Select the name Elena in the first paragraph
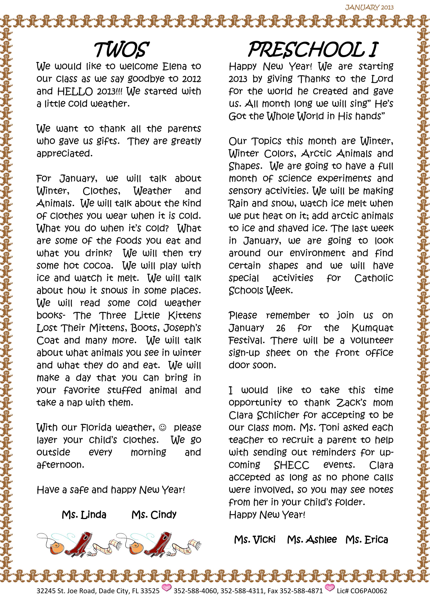(x=174, y=66)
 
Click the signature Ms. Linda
(x=84, y=514)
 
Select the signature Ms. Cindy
(x=154, y=514)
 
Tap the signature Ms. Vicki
(x=255, y=540)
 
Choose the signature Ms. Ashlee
(x=312, y=540)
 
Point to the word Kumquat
(x=372, y=328)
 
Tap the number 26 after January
(x=281, y=328)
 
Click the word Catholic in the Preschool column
(x=374, y=278)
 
